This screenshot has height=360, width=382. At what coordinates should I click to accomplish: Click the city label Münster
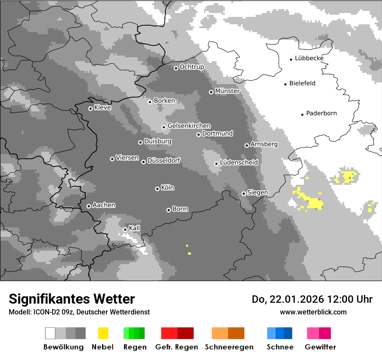coord(227,91)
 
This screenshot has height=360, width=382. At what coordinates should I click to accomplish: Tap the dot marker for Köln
coord(157,189)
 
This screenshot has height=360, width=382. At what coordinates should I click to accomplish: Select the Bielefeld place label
coord(302,83)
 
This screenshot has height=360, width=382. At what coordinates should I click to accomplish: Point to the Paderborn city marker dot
coord(302,115)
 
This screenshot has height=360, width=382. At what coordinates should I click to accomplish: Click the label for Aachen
coord(104,205)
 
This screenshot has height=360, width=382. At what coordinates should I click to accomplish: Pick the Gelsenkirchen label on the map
coord(189,126)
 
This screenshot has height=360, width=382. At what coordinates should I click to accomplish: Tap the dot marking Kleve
coord(90,108)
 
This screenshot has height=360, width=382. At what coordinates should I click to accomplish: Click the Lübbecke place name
coord(309,58)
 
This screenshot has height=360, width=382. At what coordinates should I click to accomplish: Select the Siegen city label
coord(257,193)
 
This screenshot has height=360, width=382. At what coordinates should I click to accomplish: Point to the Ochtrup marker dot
coord(176,68)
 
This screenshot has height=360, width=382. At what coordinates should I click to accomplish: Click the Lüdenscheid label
coord(239,163)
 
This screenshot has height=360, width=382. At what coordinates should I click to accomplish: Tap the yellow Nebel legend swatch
coord(103,333)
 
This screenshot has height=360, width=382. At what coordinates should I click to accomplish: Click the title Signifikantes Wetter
coord(72,299)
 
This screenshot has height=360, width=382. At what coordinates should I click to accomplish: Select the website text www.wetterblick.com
coord(313,312)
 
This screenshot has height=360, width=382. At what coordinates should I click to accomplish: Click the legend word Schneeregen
coord(229,347)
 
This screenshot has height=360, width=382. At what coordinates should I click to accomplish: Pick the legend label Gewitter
coord(320,347)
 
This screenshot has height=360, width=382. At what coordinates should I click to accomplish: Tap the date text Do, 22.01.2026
coord(288,299)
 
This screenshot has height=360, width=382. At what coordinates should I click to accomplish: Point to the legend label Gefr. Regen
coord(177,347)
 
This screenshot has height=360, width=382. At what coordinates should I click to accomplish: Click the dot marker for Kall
coord(125,229)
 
